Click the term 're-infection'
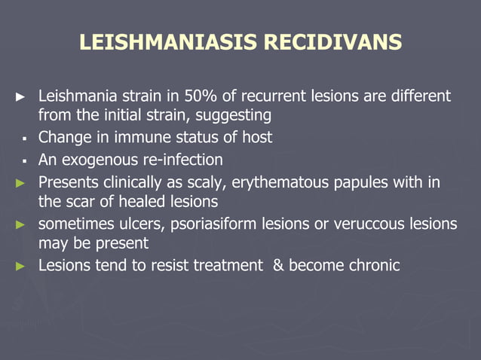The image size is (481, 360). pyautogui.click(x=180, y=160)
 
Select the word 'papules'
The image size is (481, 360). pyautogui.click(x=356, y=182)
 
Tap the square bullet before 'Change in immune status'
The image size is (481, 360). pyautogui.click(x=25, y=139)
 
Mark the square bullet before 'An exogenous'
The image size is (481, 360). pyautogui.click(x=25, y=160)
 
